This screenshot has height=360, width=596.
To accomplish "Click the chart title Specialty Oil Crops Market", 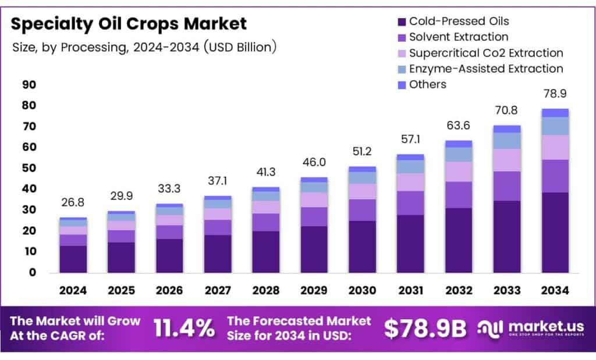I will [129, 24].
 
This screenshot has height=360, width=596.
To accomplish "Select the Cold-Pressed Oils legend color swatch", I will [401, 22].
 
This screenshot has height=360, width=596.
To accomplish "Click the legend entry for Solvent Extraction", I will [459, 37].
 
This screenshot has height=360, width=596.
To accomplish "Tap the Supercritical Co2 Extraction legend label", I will [486, 53].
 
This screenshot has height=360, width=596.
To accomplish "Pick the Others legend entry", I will [427, 84].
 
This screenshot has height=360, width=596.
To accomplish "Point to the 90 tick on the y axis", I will [29, 85].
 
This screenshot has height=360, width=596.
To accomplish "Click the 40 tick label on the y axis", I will [29, 189].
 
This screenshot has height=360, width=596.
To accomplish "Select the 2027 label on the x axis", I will [218, 290].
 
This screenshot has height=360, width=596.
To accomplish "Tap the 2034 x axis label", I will [555, 290].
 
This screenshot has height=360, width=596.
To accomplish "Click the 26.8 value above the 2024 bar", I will [73, 203].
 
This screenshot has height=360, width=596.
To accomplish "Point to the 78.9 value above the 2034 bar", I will [555, 93].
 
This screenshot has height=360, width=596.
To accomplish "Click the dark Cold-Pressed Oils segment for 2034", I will [555, 233].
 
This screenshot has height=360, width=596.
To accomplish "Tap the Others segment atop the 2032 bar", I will [459, 144].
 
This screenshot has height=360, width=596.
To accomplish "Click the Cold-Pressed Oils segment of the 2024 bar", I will [73, 259].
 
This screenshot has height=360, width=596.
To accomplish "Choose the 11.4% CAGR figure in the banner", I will [184, 329].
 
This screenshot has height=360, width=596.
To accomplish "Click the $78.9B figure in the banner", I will [425, 329].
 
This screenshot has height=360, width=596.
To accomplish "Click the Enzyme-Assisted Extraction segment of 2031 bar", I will [410, 166].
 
